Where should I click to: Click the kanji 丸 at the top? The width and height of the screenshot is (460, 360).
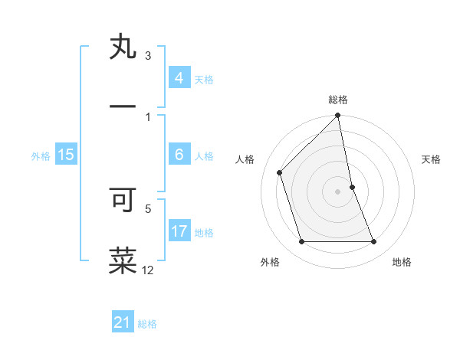tap(123, 48)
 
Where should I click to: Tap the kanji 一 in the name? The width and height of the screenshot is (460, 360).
tap(123, 106)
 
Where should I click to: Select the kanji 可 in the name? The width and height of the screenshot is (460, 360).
tap(123, 198)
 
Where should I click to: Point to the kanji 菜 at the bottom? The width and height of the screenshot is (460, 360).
tap(123, 260)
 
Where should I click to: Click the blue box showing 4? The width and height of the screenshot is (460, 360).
tap(179, 77)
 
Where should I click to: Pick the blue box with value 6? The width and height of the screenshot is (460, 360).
tap(179, 155)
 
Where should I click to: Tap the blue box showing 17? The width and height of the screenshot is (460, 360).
tap(179, 231)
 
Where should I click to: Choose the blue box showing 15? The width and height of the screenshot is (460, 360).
tap(66, 155)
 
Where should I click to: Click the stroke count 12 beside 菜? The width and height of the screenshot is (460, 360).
tap(148, 270)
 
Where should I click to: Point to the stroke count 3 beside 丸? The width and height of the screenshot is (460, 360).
tap(148, 55)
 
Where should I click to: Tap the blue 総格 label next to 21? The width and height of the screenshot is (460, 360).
tap(147, 324)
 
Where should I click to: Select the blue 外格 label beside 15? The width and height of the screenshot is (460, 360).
tap(41, 156)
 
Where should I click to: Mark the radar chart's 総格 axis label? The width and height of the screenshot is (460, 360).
tap(338, 100)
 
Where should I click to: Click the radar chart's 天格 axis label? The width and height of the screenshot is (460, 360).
tap(431, 159)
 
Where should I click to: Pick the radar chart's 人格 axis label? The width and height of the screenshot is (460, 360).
tap(245, 159)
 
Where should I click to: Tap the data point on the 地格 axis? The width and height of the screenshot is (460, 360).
tap(373, 242)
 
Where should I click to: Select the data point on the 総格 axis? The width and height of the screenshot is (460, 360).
tap(338, 116)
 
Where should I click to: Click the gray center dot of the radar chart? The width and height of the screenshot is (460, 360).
tap(338, 191)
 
